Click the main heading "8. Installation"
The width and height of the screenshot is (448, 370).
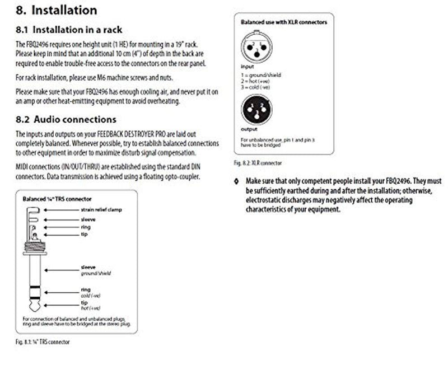coord(56,11)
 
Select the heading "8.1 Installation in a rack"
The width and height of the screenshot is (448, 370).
coord(69,30)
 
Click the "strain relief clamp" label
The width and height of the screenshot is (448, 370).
coord(101,209)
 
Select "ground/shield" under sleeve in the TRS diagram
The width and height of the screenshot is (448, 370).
coord(96,273)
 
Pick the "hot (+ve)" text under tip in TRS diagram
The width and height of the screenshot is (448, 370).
coord(91,308)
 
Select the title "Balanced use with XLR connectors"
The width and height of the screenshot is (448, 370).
coord(284,22)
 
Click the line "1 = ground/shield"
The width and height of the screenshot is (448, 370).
coord(261,74)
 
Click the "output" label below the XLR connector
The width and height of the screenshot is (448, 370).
coord(249,129)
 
